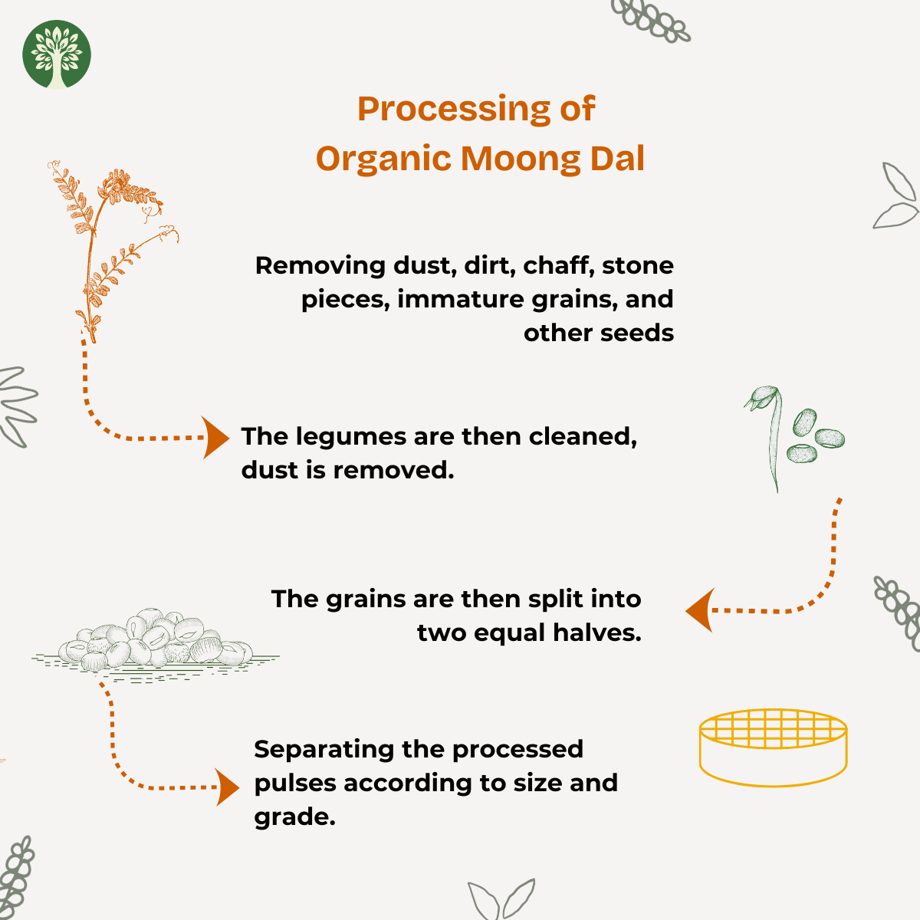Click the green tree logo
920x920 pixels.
[56, 54]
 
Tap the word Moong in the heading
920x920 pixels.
[521, 159]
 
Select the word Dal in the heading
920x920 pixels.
[618, 158]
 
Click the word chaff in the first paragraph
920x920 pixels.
[559, 265]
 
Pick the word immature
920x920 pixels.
[460, 299]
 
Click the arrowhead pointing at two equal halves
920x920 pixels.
[700, 610]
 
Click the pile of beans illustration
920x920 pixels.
[155, 643]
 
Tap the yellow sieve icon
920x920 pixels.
[773, 747]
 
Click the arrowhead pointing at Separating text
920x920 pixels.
[226, 787]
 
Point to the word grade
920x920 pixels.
[294, 817]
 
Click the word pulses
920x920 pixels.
[295, 783]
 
